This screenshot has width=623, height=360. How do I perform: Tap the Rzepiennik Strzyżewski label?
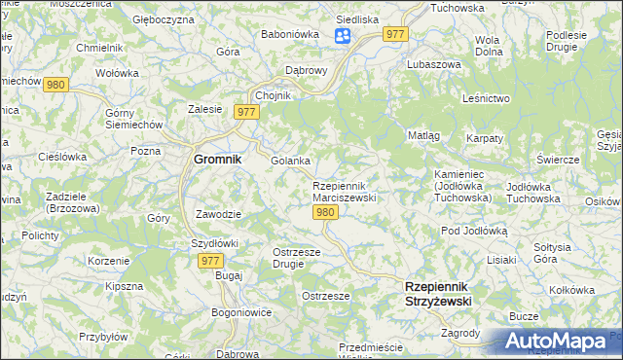pos(437,294)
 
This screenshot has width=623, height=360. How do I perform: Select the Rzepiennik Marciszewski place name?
pos(344,191)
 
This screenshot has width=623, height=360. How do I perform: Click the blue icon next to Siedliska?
pos(343,37)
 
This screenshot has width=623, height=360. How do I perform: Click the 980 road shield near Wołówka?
pos(55,85)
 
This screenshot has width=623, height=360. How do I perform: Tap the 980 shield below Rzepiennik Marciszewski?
pos(327,212)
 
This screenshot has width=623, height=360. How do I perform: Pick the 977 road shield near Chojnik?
pos(247,113)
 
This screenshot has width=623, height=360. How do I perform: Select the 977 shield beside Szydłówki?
pos(211,261)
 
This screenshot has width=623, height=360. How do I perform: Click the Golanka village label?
pos(290,161)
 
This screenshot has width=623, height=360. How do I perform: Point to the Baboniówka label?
pos(284,35)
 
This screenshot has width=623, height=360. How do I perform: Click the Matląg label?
pos(423,135)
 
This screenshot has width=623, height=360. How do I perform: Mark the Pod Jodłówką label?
pos(475,231)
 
